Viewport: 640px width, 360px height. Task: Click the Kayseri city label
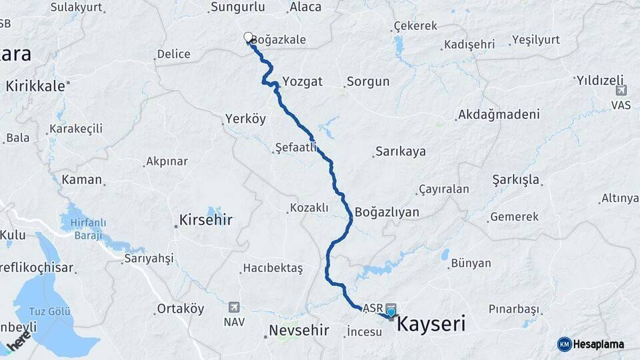tap(431, 325)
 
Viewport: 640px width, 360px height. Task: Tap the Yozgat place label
tap(302, 81)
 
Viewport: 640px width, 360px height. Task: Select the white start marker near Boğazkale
tap(248, 37)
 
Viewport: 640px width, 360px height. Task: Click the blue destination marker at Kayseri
tap(391, 311)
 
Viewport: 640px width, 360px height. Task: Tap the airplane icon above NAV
tap(234, 307)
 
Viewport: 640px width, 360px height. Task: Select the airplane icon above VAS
tap(621, 90)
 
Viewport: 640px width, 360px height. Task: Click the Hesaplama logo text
tap(599, 344)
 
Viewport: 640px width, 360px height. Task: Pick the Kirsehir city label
tap(206, 219)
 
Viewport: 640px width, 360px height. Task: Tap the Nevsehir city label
tap(300, 330)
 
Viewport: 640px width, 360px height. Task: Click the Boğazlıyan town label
tap(387, 213)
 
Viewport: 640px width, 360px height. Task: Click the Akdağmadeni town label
tap(499, 115)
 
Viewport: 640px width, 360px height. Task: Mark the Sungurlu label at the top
tap(237, 7)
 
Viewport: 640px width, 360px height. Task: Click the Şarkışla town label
tap(516, 180)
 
